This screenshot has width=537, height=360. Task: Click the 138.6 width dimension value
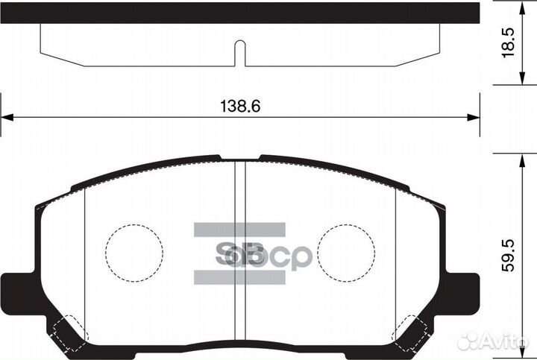pos(239,107)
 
